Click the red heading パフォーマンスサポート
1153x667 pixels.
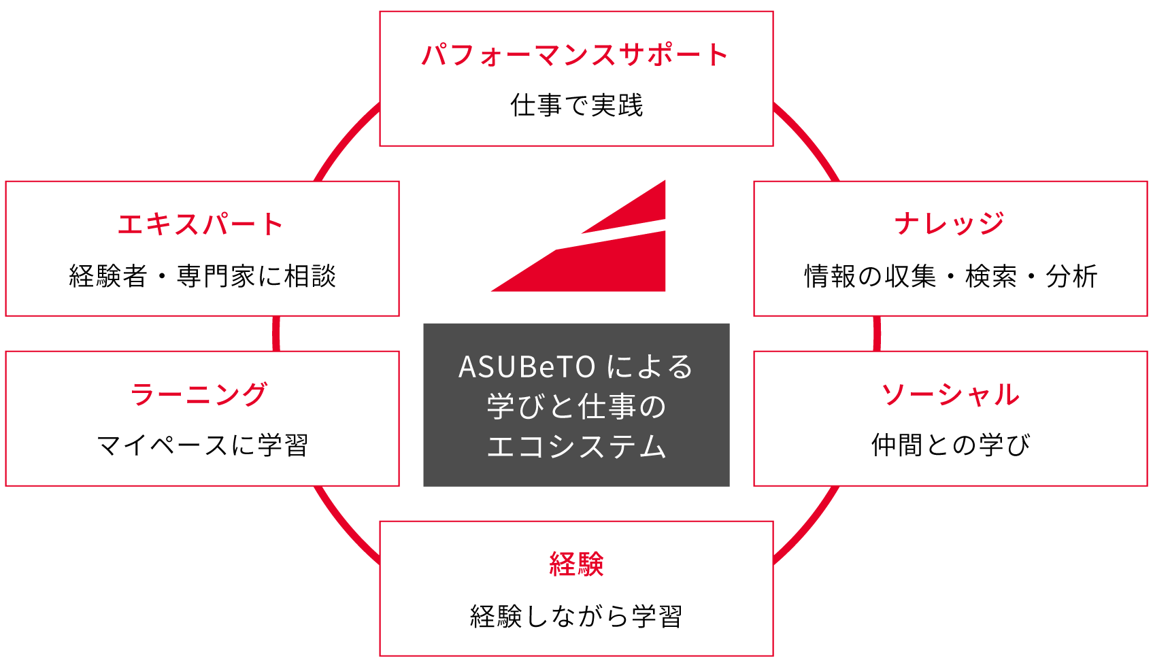[575, 55]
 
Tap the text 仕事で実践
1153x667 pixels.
[576, 106]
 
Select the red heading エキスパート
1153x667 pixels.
[201, 224]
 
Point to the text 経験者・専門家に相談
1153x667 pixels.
[202, 276]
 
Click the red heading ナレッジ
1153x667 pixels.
[950, 224]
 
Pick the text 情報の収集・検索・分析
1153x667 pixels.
[950, 276]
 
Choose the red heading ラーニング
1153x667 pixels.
[199, 394]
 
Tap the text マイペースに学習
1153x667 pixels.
[202, 445]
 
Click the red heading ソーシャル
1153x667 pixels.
[950, 394]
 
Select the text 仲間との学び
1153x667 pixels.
[950, 445]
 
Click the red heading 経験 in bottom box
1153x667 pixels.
[576, 564]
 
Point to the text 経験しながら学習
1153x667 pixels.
[576, 616]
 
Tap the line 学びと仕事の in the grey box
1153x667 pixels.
[576, 407]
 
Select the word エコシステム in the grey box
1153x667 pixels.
[576, 447]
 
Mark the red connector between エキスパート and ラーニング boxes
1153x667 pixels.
[275, 333]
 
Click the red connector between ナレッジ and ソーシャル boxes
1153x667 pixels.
[877, 333]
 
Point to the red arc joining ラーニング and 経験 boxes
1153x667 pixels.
[343, 527]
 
